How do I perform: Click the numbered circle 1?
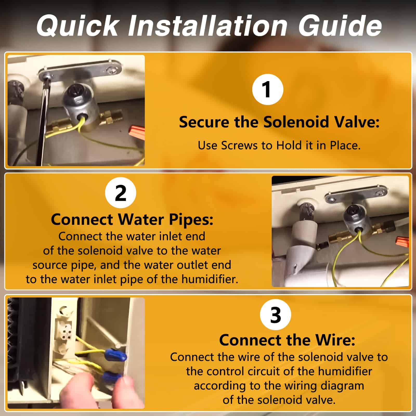[x=268, y=89]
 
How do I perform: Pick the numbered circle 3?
[x=276, y=315]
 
